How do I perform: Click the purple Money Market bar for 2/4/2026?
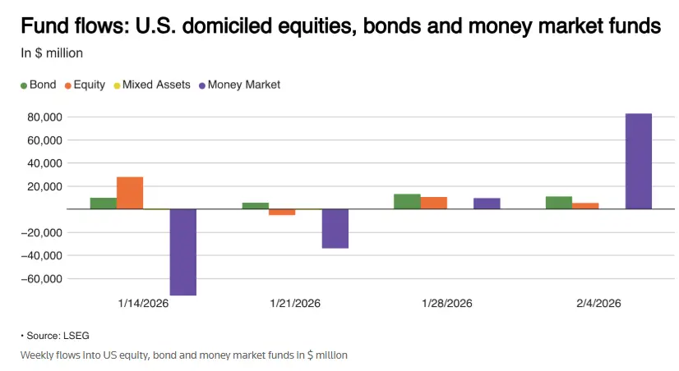pyautogui.click(x=638, y=161)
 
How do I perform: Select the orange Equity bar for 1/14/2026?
pyautogui.click(x=130, y=193)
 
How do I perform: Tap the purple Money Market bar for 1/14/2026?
pyautogui.click(x=182, y=252)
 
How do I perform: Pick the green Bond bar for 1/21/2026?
pyautogui.click(x=255, y=205)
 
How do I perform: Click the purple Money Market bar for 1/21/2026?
pyautogui.click(x=335, y=228)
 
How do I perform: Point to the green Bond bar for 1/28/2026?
pyautogui.click(x=407, y=201)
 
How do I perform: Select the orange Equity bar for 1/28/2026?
pyautogui.click(x=434, y=203)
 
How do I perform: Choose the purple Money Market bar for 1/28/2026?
pyautogui.click(x=487, y=204)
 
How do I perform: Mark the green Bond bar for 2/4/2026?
pyautogui.click(x=559, y=203)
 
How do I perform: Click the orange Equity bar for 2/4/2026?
pyautogui.click(x=585, y=205)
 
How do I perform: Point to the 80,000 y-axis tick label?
pyautogui.click(x=44, y=117)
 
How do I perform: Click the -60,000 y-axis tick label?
pyautogui.click(x=41, y=279)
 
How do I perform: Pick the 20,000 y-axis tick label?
pyautogui.click(x=44, y=186)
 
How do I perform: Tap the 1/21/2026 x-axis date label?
pyautogui.click(x=295, y=303)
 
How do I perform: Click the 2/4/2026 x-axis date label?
pyautogui.click(x=598, y=303)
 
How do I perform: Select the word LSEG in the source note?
pyautogui.click(x=76, y=336)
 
